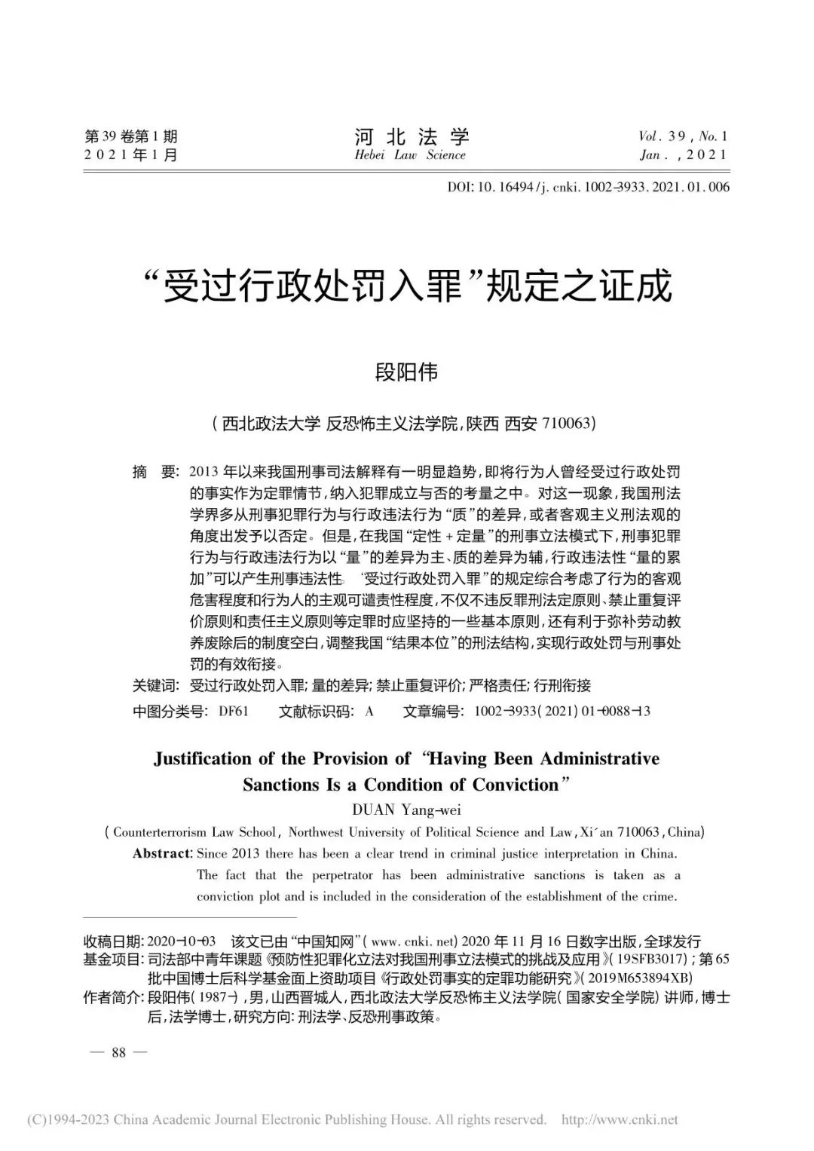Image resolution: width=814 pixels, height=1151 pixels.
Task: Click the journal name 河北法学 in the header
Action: pos(411,136)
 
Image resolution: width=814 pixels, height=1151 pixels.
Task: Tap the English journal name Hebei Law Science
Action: pos(411,155)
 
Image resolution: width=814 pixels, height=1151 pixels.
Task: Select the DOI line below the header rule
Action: pos(589,186)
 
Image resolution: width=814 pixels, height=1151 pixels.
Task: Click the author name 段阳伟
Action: pos(407,372)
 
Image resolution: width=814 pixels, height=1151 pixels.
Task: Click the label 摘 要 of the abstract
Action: pos(155,473)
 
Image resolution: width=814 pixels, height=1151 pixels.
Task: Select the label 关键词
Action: pos(155,685)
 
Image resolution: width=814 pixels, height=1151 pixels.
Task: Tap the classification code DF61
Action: pos(234,711)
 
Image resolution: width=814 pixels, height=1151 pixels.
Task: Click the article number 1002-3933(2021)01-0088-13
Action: pos(562,711)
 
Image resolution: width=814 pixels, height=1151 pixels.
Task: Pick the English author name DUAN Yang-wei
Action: pos(406,810)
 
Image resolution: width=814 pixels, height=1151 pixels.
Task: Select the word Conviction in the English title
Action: pos(516,785)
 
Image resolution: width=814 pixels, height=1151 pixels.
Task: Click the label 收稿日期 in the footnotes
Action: pos(112,941)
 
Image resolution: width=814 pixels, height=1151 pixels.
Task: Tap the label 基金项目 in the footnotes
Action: pos(112,960)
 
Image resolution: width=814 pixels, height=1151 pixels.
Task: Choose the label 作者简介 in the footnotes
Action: pos(112,998)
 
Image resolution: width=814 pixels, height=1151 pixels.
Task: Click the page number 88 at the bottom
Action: pos(118,1052)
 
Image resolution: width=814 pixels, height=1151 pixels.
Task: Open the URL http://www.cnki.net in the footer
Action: pos(620,1119)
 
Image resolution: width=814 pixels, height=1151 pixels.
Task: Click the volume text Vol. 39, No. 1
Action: pos(683,136)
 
